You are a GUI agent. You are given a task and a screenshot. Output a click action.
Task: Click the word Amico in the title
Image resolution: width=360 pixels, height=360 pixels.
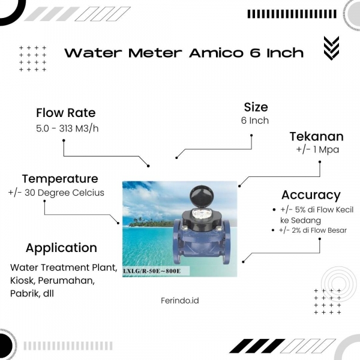pyautogui.click(x=216, y=53)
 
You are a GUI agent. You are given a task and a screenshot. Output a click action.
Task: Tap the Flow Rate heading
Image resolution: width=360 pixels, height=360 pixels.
pyautogui.click(x=65, y=113)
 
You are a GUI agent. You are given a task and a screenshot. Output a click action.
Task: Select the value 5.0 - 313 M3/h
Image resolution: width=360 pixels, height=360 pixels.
pyautogui.click(x=67, y=128)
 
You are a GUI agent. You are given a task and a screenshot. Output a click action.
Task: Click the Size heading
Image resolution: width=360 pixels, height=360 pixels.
pyautogui.click(x=256, y=107)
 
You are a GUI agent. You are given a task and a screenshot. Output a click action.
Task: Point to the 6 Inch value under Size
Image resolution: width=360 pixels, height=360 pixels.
pyautogui.click(x=255, y=121)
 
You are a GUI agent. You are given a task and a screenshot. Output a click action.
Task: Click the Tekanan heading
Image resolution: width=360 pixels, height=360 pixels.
pyautogui.click(x=316, y=137)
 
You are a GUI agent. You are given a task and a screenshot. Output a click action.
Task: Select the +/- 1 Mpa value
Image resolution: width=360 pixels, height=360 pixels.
pyautogui.click(x=317, y=149)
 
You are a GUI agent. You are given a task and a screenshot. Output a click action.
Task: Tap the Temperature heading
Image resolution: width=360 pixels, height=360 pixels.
pyautogui.click(x=60, y=179)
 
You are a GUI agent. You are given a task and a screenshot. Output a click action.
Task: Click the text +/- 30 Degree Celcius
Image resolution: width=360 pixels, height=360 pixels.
pyautogui.click(x=56, y=193)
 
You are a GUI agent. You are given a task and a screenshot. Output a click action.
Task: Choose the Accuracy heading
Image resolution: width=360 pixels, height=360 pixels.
pyautogui.click(x=311, y=196)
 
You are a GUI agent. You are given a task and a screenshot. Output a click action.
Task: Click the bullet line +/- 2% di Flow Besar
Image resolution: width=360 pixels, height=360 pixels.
pyautogui.click(x=313, y=230)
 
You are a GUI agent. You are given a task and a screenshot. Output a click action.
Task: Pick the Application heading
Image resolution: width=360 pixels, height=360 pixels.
pyautogui.click(x=61, y=248)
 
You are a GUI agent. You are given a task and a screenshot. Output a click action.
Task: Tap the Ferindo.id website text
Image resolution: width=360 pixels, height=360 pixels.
pyautogui.click(x=180, y=301)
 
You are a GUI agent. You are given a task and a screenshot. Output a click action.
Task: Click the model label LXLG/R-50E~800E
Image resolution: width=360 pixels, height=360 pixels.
pyautogui.click(x=152, y=271)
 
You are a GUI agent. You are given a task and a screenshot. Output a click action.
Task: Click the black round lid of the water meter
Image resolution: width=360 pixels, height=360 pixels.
pyautogui.click(x=202, y=196)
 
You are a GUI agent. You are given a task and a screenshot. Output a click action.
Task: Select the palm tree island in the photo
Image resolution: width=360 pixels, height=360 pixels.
pyautogui.click(x=151, y=222)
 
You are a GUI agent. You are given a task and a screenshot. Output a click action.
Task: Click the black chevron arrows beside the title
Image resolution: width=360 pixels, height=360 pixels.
pyautogui.click(x=331, y=48)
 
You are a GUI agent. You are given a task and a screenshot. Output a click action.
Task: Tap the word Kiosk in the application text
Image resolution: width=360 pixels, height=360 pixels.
pyautogui.click(x=22, y=280)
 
